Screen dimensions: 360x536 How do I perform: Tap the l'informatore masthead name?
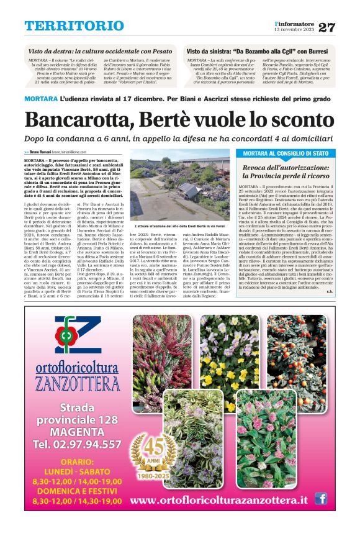tap(295, 24)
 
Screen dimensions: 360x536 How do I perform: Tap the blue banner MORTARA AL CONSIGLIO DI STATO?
tap(285, 153)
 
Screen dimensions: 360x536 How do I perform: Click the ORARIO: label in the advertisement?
tap(77, 462)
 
